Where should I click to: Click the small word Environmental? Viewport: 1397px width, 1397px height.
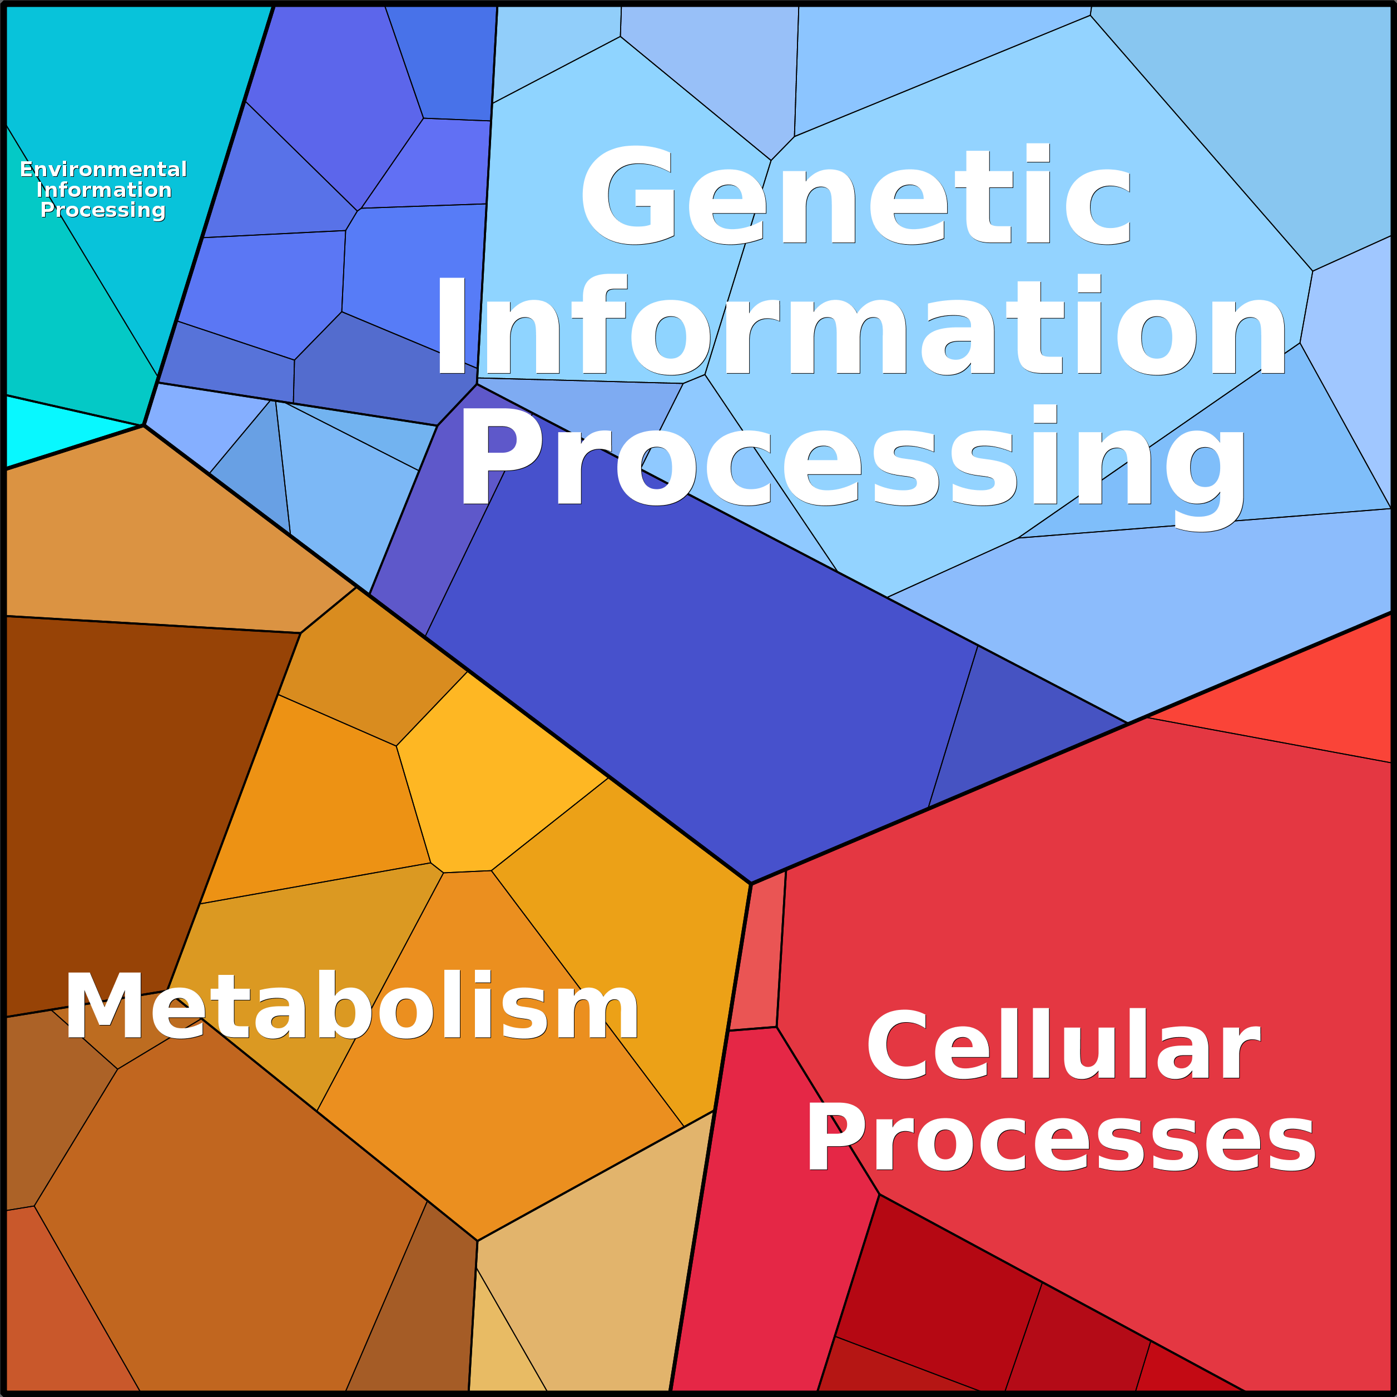[103, 169]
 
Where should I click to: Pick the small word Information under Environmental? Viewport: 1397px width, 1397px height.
[104, 190]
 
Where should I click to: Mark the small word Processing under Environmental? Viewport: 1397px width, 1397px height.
[103, 210]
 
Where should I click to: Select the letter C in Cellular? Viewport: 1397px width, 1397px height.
[896, 1044]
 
